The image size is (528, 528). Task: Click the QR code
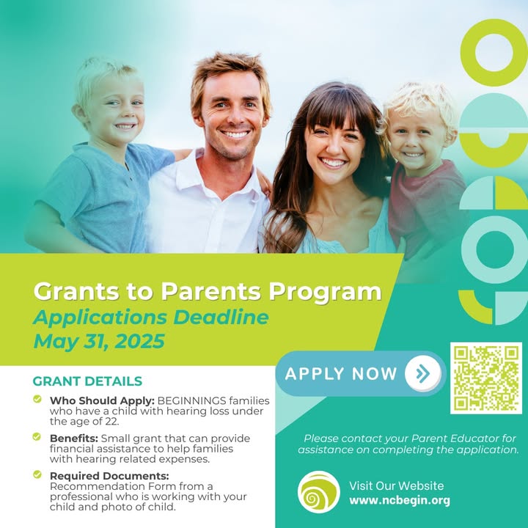(486, 378)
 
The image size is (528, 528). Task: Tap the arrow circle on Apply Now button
(423, 373)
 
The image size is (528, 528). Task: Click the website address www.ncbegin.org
(400, 500)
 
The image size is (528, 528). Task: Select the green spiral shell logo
(318, 492)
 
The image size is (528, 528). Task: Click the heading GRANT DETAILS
(87, 381)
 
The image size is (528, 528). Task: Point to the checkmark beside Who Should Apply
(37, 399)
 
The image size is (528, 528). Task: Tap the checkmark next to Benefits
(37, 437)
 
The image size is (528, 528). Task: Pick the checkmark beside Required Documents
(37, 474)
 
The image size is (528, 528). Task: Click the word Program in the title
(325, 293)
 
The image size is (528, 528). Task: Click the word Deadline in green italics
(221, 318)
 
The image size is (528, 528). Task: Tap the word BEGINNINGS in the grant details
(191, 400)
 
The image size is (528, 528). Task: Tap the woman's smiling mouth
(332, 163)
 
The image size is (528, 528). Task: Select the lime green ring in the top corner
(494, 53)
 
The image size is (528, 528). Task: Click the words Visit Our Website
(396, 486)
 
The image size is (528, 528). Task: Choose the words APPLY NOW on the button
(341, 374)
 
